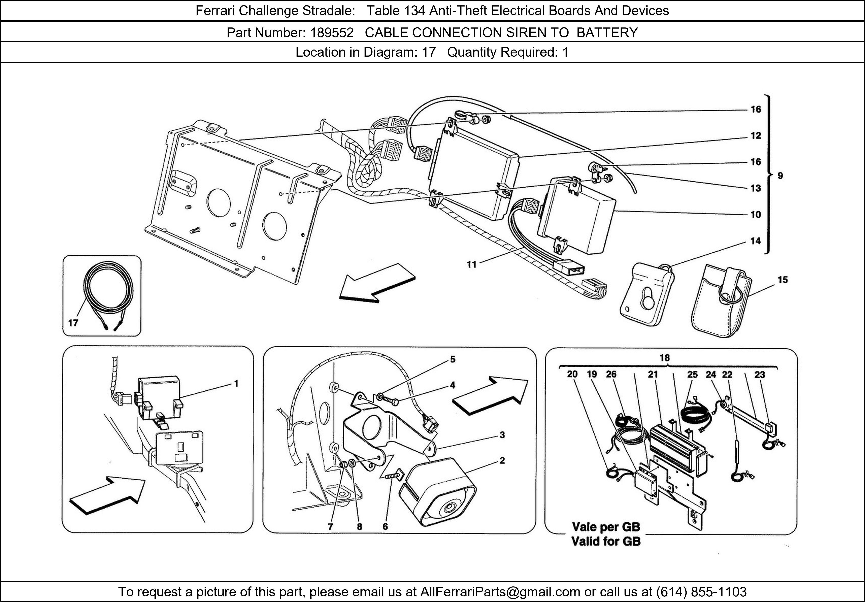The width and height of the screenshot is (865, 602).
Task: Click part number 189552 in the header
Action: pyautogui.click(x=332, y=33)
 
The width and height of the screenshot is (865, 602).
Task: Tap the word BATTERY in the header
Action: pyautogui.click(x=607, y=33)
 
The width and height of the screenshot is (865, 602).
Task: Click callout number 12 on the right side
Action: pyautogui.click(x=756, y=136)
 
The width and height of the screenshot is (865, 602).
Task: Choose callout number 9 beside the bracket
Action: pyautogui.click(x=780, y=176)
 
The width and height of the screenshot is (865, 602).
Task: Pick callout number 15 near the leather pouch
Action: pyautogui.click(x=782, y=280)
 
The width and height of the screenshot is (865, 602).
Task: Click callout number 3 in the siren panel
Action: pyautogui.click(x=502, y=435)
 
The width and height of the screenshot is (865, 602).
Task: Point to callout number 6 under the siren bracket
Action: pyautogui.click(x=385, y=527)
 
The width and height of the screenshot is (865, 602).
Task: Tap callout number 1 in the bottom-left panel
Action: pyautogui.click(x=236, y=384)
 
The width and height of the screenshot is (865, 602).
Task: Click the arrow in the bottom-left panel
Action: pyautogui.click(x=107, y=494)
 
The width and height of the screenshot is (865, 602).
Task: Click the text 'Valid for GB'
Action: pyautogui.click(x=606, y=541)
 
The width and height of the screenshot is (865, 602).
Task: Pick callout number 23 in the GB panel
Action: pyautogui.click(x=759, y=375)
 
